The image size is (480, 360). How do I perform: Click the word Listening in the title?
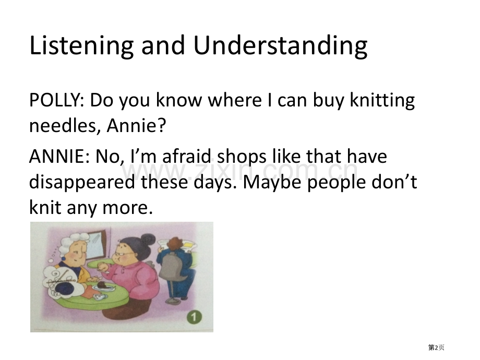(x=81, y=46)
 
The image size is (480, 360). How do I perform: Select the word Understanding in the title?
(x=280, y=46)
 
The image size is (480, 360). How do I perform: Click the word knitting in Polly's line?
(x=382, y=100)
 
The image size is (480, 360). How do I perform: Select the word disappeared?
(x=82, y=183)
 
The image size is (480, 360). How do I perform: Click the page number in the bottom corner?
(x=436, y=347)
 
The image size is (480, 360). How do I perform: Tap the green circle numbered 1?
(x=195, y=317)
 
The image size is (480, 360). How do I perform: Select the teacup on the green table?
(x=100, y=297)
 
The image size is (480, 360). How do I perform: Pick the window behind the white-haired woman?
(x=98, y=243)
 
